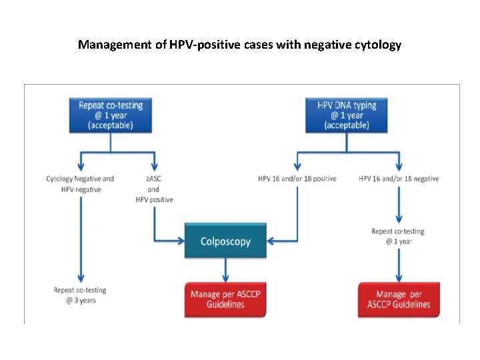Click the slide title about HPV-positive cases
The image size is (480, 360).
point(239,45)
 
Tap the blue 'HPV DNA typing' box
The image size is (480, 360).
point(346,115)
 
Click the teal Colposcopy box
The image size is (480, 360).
point(225,241)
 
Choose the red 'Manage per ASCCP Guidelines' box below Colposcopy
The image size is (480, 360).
point(226,299)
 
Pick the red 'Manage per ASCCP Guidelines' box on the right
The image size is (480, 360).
point(399,299)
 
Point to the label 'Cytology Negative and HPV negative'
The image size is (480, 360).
point(80,184)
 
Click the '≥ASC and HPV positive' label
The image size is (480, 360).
point(154,189)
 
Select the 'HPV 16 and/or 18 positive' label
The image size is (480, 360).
point(297,179)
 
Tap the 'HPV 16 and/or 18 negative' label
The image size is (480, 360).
point(399,179)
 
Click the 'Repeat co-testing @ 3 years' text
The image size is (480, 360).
point(80,295)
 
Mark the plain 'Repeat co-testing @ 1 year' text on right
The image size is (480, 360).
point(399,237)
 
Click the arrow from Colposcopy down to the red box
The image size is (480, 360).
point(226,270)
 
